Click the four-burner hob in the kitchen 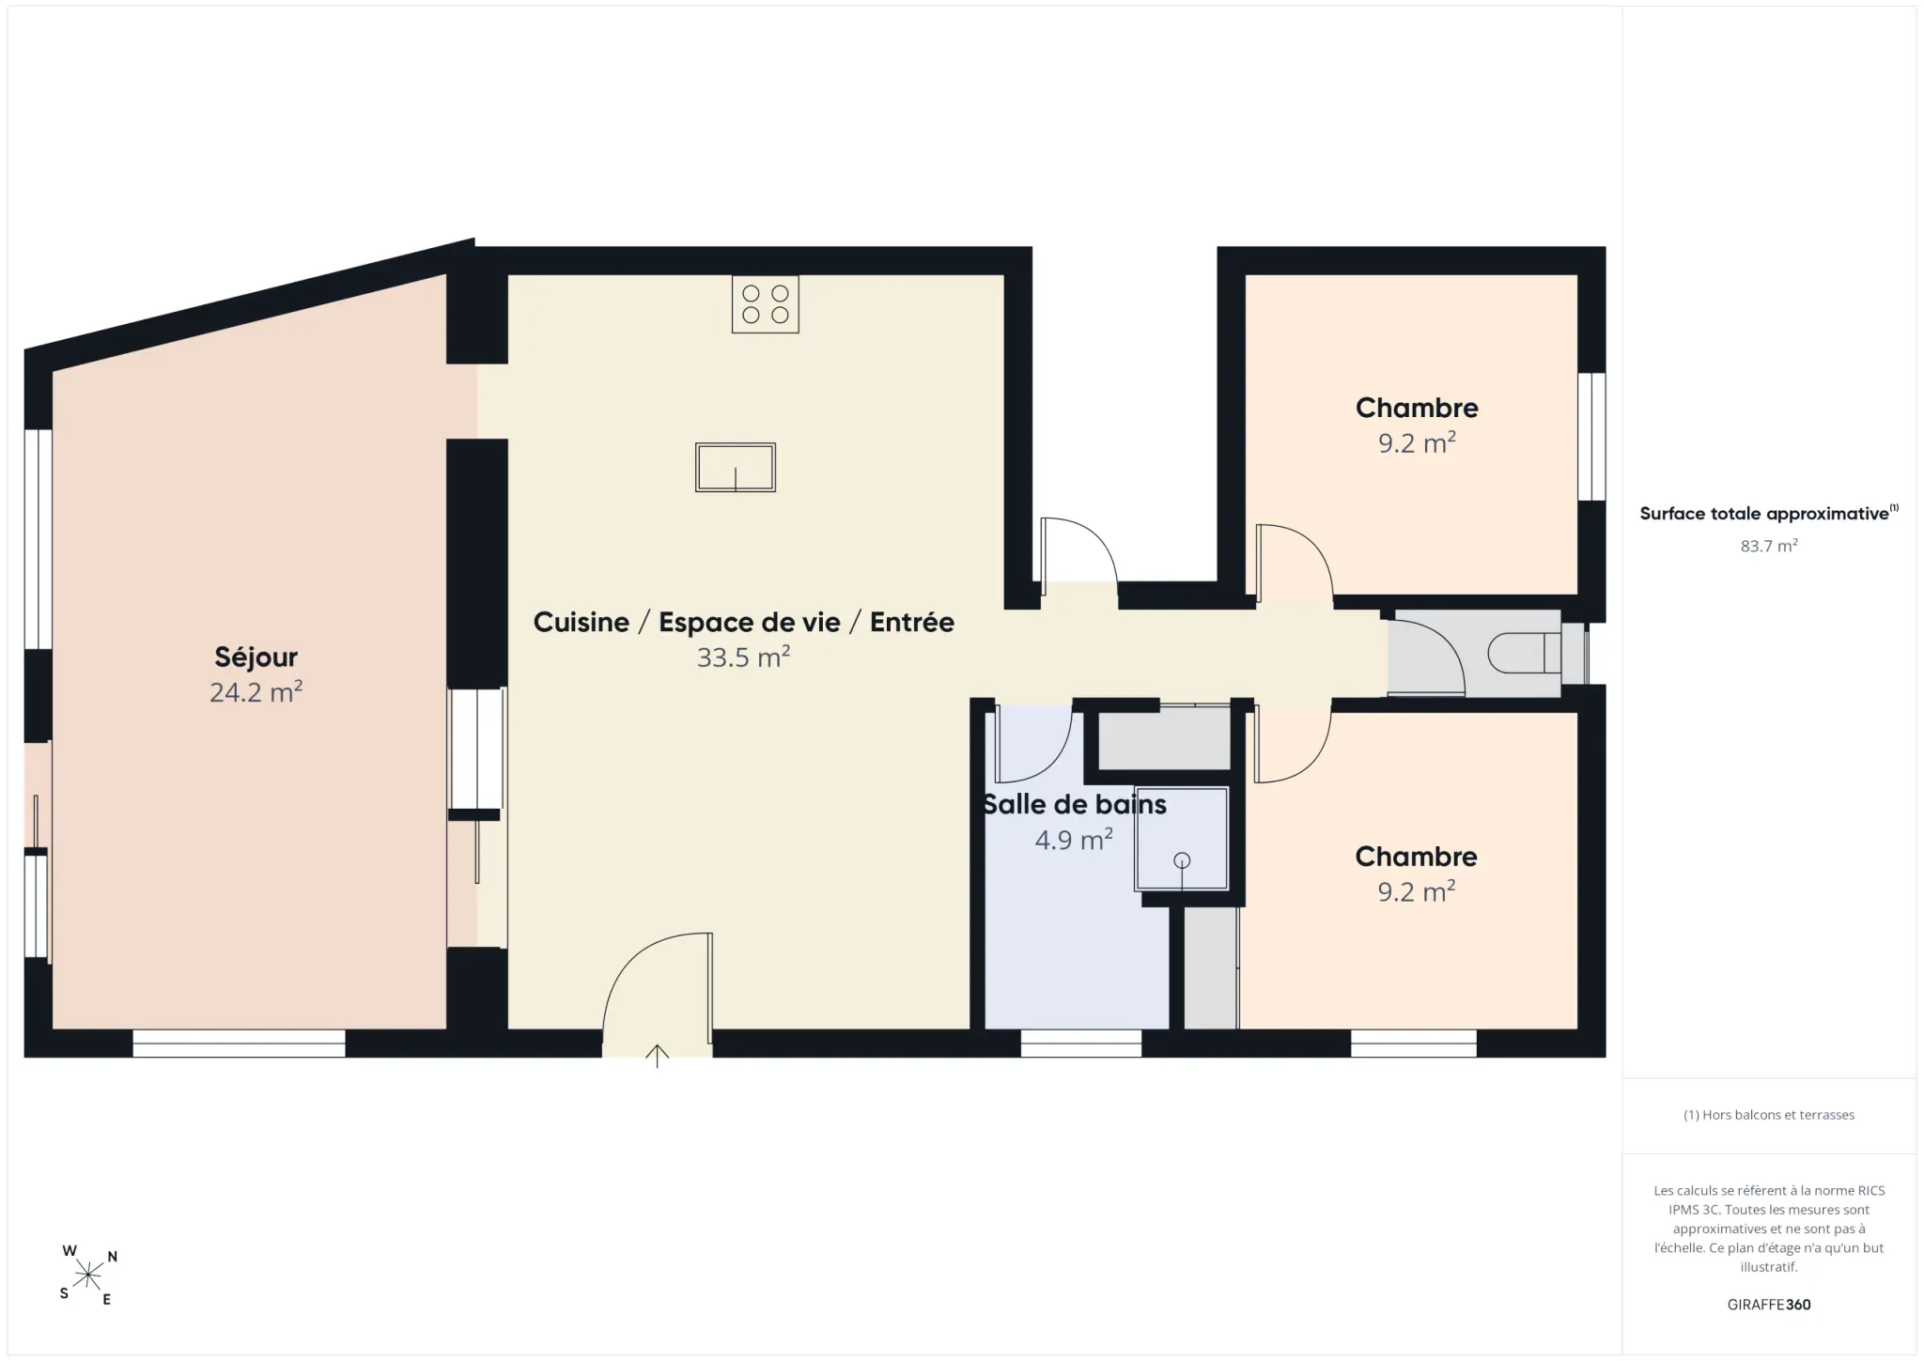point(766,304)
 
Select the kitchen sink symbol point(736,468)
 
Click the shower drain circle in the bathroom point(1182,860)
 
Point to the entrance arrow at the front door point(657,1057)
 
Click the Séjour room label point(256,657)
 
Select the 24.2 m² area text point(256,692)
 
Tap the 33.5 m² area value point(743,657)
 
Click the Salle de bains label point(1075,804)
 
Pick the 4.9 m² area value point(1074,839)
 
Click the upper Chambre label point(1417,408)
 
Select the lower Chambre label point(1416,857)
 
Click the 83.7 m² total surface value point(1769,546)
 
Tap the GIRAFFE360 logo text point(1769,1305)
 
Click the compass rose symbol point(88,1275)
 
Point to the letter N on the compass point(113,1257)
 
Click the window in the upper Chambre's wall point(1591,437)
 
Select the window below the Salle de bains point(1081,1044)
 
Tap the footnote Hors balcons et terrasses point(1769,1115)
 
